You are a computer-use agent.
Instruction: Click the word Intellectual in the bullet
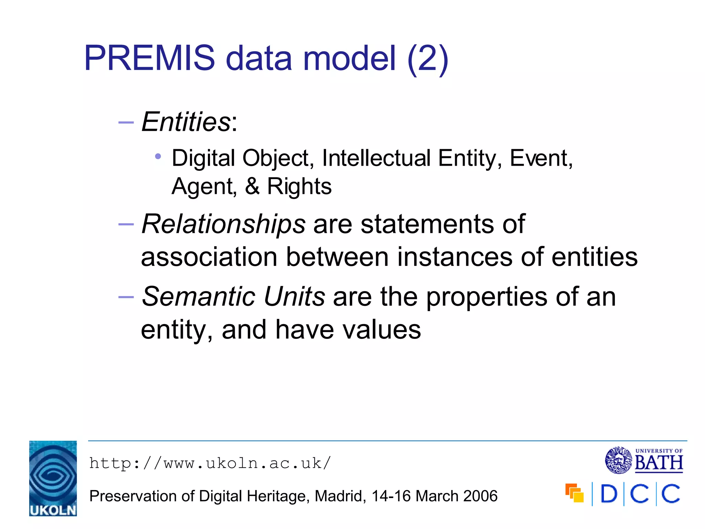click(376, 158)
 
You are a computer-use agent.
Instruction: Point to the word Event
click(539, 158)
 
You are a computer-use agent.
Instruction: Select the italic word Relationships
click(223, 224)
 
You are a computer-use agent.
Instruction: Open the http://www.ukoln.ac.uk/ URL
click(210, 463)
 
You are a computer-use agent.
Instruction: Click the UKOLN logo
click(53, 478)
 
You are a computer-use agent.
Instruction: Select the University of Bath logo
click(644, 460)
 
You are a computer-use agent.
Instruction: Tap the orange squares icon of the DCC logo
click(574, 493)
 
